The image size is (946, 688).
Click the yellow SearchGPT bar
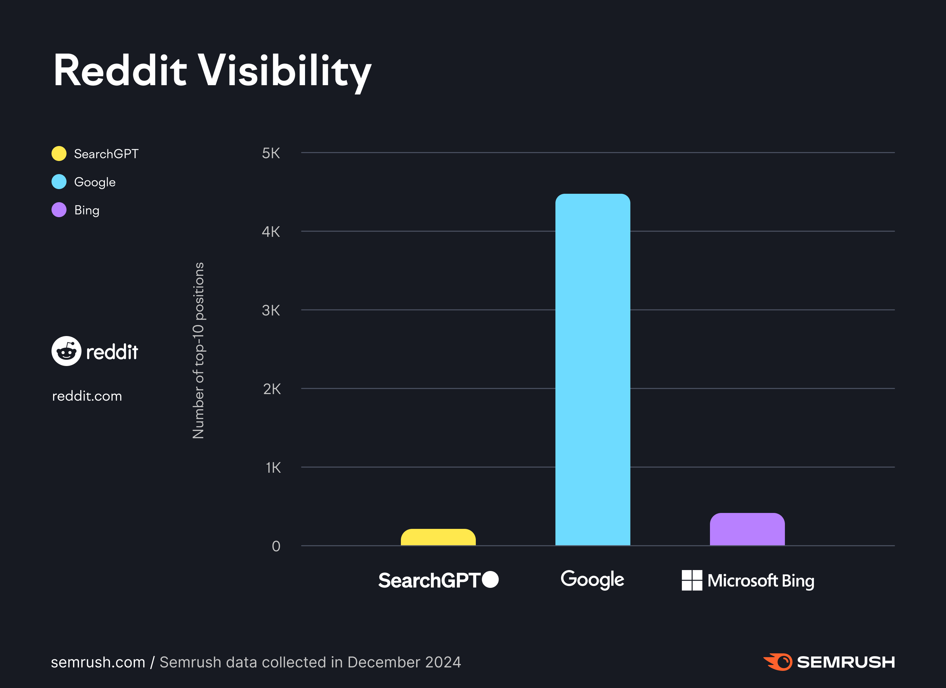tap(438, 538)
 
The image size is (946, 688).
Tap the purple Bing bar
tap(747, 529)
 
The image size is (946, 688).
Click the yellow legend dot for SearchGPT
tap(59, 154)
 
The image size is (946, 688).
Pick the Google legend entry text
tap(95, 182)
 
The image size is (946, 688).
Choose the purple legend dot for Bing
tap(59, 210)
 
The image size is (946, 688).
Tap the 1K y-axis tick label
tap(273, 467)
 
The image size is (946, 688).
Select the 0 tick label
tap(276, 546)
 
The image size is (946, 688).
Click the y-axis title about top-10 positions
tap(198, 350)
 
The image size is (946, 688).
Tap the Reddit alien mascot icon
tap(66, 351)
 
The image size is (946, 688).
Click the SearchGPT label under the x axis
tap(429, 580)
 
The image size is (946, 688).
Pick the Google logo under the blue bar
tap(592, 579)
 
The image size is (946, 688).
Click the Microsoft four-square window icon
tap(692, 580)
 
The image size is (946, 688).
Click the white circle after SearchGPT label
tap(490, 579)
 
